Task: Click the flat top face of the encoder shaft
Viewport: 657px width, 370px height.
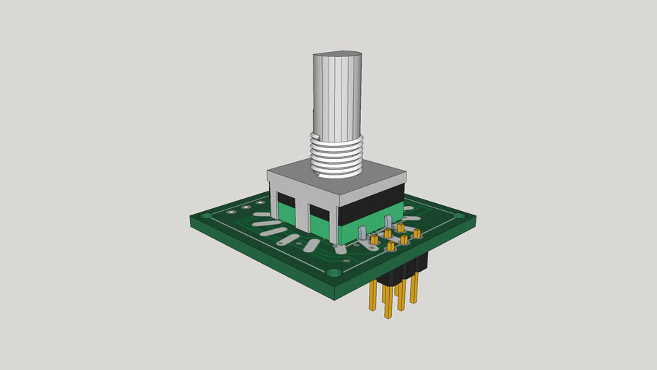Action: click(x=336, y=55)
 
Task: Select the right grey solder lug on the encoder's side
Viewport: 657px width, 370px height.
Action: click(x=388, y=221)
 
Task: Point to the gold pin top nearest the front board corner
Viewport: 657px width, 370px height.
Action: click(x=391, y=247)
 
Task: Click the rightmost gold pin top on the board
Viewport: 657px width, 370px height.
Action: click(x=417, y=233)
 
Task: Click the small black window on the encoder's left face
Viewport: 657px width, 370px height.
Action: click(x=286, y=199)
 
